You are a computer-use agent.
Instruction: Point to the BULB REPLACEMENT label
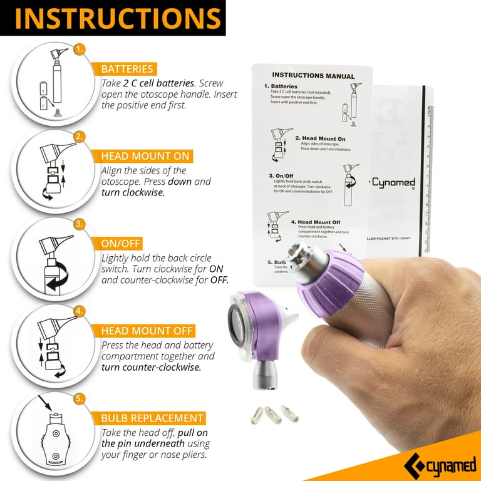152,417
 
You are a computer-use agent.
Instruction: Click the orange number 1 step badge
79,49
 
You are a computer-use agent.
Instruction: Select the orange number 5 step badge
79,398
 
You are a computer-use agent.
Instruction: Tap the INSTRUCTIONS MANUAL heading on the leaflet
313,76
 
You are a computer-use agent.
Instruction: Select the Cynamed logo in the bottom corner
446,465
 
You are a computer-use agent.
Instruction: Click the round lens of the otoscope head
240,325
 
